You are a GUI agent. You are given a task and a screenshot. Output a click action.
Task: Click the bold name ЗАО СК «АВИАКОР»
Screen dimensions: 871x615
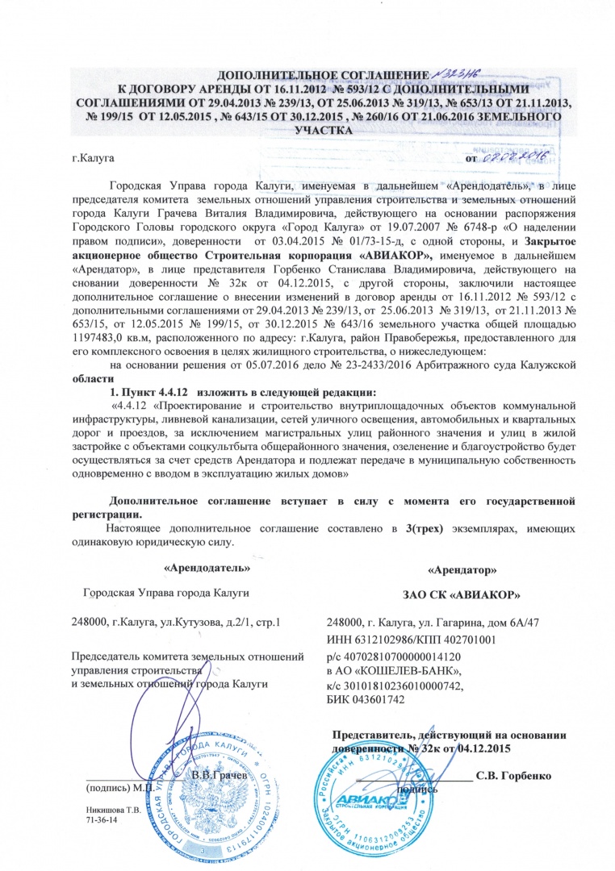click(460, 595)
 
